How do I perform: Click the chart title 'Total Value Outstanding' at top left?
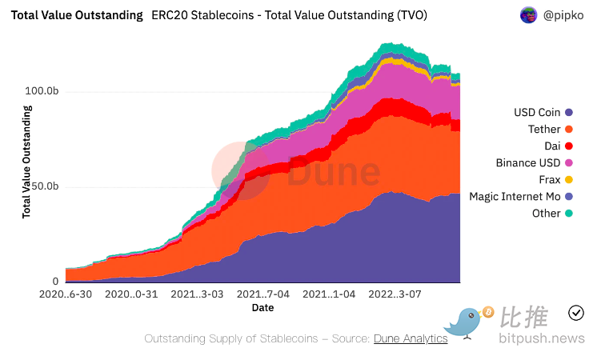[77, 15]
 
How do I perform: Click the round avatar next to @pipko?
[528, 15]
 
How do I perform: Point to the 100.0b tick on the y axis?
[42, 92]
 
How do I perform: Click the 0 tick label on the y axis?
[55, 282]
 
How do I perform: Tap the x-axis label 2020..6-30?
[65, 294]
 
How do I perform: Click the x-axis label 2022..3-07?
[394, 294]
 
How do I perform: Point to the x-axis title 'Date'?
[262, 307]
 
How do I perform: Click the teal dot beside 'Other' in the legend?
[568, 214]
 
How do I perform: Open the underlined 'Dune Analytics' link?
[411, 338]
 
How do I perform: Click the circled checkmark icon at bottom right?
[575, 312]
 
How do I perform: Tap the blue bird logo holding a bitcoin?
[468, 321]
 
